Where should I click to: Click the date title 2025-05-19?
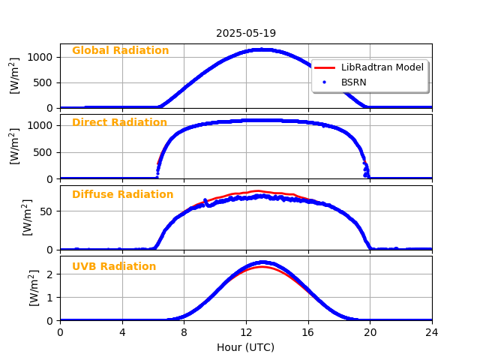point(246,33)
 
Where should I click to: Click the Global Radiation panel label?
point(120,51)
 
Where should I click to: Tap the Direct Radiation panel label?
point(119,123)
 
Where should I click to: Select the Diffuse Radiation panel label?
point(122,195)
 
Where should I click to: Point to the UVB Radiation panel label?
point(114,267)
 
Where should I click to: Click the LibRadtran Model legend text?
point(382,67)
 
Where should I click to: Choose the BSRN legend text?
point(353,82)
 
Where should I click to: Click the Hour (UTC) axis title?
point(246,348)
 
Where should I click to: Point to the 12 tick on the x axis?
point(246,331)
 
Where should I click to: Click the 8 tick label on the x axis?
point(184,331)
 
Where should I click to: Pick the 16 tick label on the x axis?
point(308,331)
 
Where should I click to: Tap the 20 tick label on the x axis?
point(370,331)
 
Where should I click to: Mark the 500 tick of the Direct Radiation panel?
point(46,152)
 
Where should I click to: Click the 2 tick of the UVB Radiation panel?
point(51,274)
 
